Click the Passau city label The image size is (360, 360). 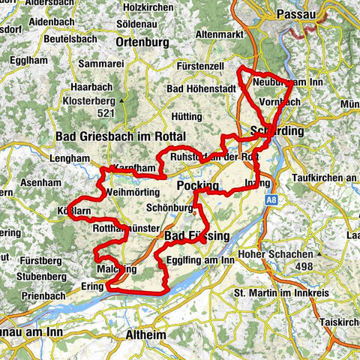pos(304,14)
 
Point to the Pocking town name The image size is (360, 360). pos(198,185)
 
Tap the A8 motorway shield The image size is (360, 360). pos(272,200)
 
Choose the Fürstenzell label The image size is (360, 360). pos(201,67)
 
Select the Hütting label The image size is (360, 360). pos(187,117)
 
